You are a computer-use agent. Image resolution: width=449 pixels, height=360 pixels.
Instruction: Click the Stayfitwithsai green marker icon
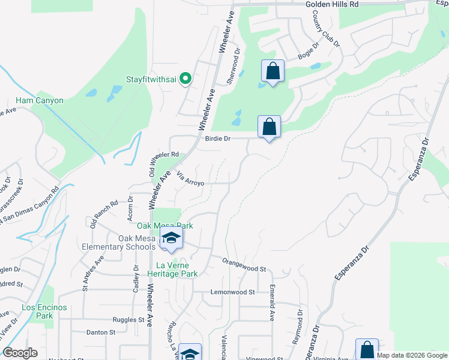tap(186, 79)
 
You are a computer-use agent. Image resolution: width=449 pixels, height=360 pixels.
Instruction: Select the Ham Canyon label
tap(40, 100)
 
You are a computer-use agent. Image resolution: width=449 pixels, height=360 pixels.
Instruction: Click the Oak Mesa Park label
tap(165, 226)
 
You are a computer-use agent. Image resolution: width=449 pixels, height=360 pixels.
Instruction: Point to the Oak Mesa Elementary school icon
tap(171, 238)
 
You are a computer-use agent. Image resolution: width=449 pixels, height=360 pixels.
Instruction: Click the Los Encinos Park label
tap(44, 311)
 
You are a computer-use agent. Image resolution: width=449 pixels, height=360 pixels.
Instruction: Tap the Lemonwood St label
tap(232, 292)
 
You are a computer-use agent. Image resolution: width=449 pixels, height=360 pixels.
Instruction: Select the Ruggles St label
tap(116, 320)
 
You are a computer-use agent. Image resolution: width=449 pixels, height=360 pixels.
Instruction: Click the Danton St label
tap(101, 332)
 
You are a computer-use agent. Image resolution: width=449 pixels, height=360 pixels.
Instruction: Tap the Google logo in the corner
tap(20, 353)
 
